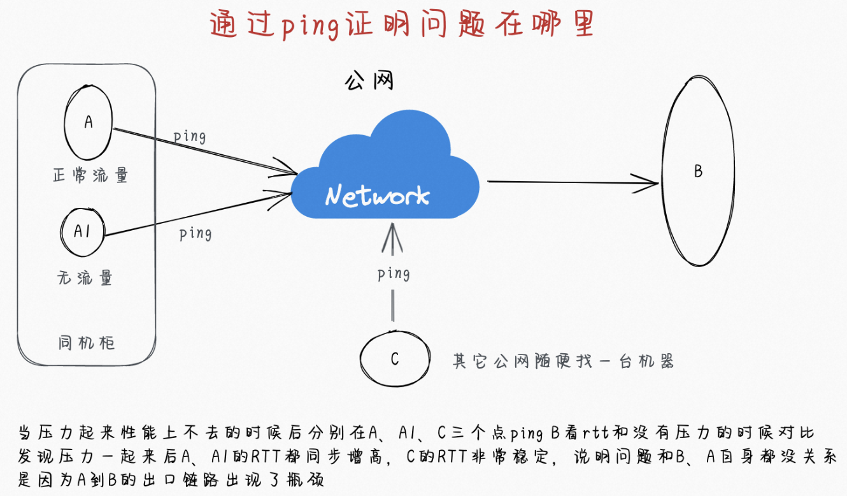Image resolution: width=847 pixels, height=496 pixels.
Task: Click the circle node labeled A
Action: [x=88, y=122]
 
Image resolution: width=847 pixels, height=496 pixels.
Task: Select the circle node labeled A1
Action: [x=83, y=231]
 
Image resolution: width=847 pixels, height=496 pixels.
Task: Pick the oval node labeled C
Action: [x=394, y=359]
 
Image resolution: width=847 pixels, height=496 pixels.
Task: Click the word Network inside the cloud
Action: [x=377, y=196]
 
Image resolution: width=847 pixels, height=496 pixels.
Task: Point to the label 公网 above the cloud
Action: [x=369, y=81]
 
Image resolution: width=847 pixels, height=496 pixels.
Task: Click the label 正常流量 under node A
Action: [x=90, y=175]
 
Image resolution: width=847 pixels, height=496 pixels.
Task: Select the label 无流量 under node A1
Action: [x=85, y=277]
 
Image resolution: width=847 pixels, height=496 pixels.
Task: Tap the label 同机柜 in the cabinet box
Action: [x=86, y=343]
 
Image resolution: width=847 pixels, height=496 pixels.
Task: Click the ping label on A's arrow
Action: [x=190, y=136]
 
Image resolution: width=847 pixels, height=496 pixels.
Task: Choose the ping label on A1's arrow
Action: [x=195, y=233]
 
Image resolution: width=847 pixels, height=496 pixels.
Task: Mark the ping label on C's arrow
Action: [x=393, y=274]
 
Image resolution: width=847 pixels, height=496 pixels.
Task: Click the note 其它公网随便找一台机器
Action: [x=562, y=361]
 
